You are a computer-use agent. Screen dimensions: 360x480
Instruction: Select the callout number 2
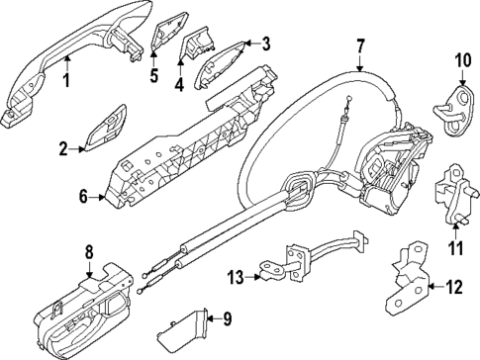63,150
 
